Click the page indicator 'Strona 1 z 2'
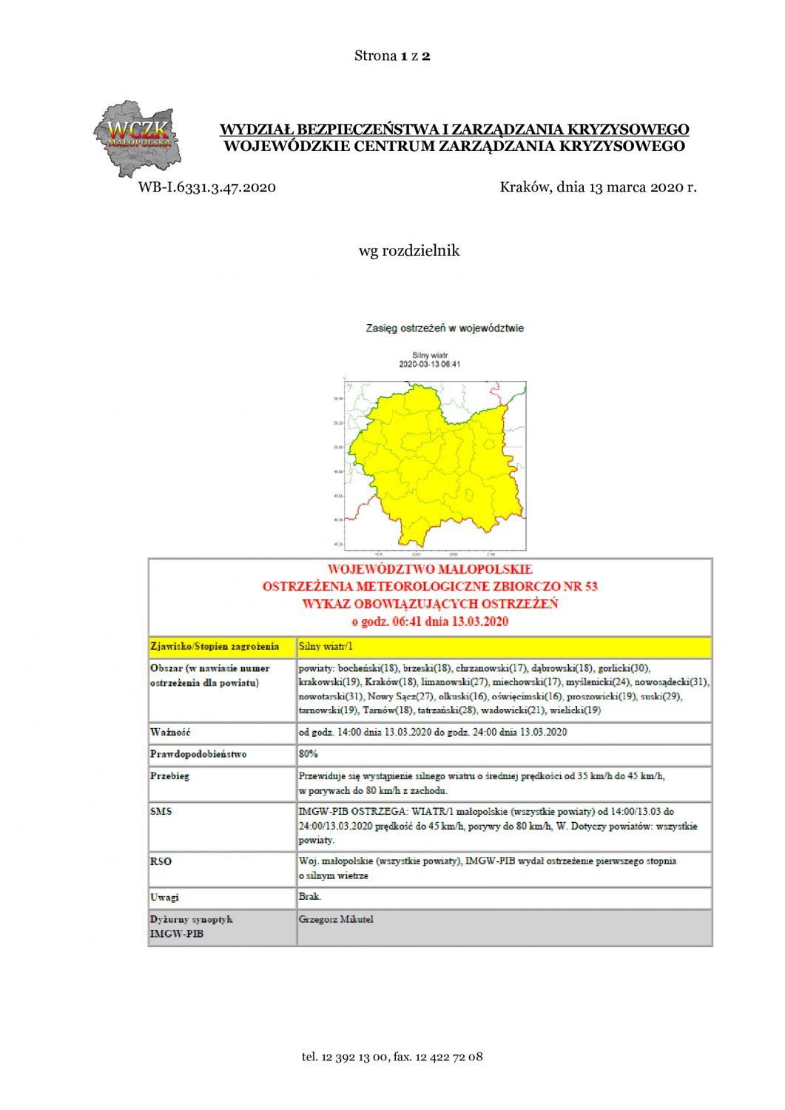tap(392, 55)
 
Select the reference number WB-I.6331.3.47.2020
tap(206, 187)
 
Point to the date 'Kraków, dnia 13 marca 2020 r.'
tap(598, 187)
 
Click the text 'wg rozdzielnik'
tap(408, 251)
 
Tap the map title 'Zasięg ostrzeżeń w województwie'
tap(445, 328)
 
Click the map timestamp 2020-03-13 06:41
tap(430, 364)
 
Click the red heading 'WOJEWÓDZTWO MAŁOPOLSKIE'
tap(430, 569)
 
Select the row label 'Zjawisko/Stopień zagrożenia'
tap(215, 647)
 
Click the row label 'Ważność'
tap(170, 732)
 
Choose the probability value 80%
tap(309, 754)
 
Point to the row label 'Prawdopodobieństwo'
tap(198, 754)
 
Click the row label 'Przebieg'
tap(169, 776)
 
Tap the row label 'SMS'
tap(161, 812)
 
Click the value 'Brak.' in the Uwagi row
tap(310, 897)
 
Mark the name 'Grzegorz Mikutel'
tap(336, 920)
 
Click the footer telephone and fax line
tap(392, 1057)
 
